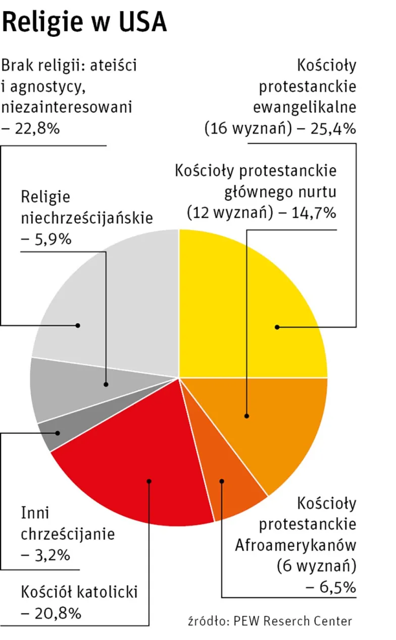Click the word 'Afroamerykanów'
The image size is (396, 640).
(x=296, y=545)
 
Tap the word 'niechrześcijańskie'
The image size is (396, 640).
(x=87, y=218)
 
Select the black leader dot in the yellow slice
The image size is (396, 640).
(x=277, y=327)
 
